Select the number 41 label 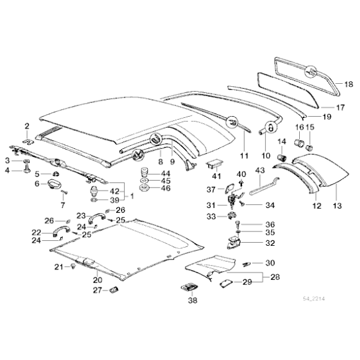(x=217, y=179)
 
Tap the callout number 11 (x=244, y=154)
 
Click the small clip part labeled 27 (x=113, y=289)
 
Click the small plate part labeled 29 (x=224, y=282)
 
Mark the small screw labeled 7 (x=63, y=192)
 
